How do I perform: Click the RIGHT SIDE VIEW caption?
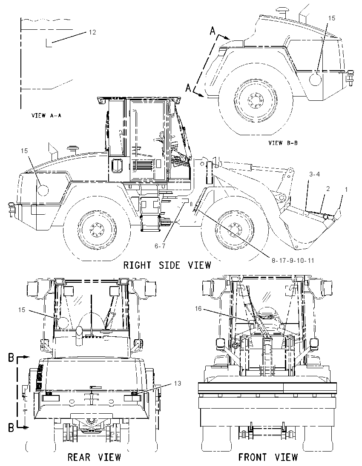click(x=167, y=265)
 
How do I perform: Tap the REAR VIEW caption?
click(x=95, y=457)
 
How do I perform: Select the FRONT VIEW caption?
click(x=267, y=457)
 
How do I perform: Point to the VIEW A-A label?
click(x=46, y=115)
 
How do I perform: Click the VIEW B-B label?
click(x=283, y=143)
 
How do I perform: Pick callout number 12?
click(x=92, y=32)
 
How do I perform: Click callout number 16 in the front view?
click(x=198, y=309)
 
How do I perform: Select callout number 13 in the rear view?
click(x=178, y=384)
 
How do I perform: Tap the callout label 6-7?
click(x=160, y=246)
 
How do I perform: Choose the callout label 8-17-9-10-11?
click(x=293, y=261)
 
